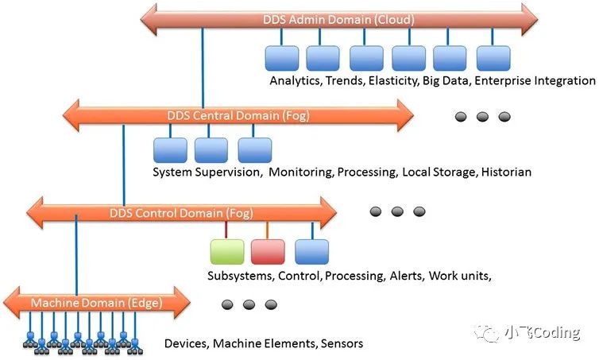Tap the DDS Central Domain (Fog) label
point(238,116)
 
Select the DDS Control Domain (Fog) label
point(181,213)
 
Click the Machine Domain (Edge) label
point(96,304)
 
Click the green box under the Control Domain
point(226,252)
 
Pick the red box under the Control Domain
point(268,252)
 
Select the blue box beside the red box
point(311,252)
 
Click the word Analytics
point(294,81)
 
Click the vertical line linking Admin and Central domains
point(203,68)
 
